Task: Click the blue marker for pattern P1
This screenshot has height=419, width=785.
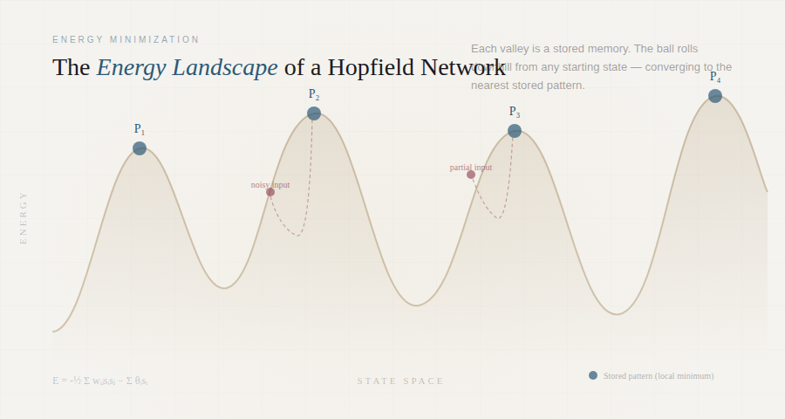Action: pos(140,148)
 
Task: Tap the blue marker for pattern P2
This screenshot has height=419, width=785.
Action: pos(314,113)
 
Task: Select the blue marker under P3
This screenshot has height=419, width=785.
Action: pos(515,131)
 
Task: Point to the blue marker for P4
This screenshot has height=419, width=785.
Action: pos(715,96)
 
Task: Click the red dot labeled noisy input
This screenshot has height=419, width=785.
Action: pos(270,192)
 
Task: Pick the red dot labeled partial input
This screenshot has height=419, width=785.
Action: pos(471,175)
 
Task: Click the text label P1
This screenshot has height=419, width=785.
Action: pos(140,129)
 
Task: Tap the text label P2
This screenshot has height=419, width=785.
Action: pos(314,94)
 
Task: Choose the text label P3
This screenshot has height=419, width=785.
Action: pos(515,113)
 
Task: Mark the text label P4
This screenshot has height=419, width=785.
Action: pos(715,77)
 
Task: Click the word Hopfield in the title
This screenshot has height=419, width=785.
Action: pos(379,67)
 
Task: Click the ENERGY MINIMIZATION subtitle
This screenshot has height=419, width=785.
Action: pos(126,39)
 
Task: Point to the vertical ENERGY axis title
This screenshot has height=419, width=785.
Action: pos(24,217)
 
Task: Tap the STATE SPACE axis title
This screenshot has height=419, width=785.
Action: pos(400,381)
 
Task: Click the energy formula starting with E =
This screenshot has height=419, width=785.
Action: pos(99,381)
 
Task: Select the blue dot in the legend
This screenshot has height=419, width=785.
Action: pos(593,375)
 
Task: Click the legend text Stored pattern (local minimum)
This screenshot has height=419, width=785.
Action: pos(659,376)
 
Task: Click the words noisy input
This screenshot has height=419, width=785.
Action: pos(270,185)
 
